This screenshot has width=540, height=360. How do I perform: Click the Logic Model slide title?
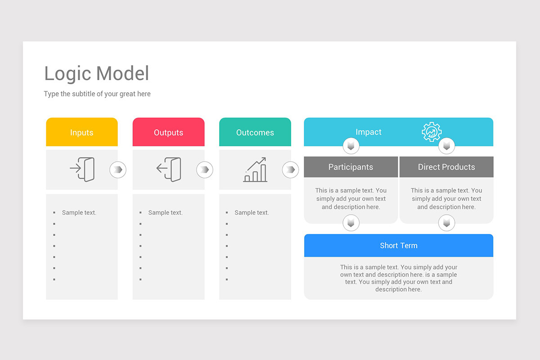(x=96, y=74)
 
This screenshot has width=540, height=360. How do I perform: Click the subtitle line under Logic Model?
(x=97, y=94)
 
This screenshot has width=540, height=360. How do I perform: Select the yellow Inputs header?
(x=82, y=132)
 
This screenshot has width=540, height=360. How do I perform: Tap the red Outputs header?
(x=168, y=132)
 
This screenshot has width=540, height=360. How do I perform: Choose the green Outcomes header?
(x=255, y=132)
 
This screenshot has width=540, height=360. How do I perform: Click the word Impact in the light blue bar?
(x=369, y=132)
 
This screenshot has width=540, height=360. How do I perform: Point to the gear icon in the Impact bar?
(x=432, y=132)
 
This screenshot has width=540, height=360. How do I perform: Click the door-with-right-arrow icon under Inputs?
(x=82, y=169)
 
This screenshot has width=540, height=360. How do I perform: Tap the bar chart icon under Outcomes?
(x=255, y=170)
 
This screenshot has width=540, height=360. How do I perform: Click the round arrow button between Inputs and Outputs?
(x=118, y=170)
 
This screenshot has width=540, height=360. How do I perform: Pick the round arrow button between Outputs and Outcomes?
(x=205, y=170)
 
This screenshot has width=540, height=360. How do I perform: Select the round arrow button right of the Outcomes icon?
(x=290, y=170)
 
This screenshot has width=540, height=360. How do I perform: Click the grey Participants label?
(x=351, y=167)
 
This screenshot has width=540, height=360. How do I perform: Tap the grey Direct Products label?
(x=446, y=167)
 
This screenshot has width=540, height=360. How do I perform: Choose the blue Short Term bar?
(x=399, y=245)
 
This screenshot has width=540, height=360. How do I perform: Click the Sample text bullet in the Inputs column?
(x=79, y=212)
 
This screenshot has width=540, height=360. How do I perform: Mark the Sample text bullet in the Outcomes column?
(x=252, y=212)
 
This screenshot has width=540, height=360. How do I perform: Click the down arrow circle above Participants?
(x=351, y=146)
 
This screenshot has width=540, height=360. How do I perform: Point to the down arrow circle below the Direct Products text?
(x=446, y=223)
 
